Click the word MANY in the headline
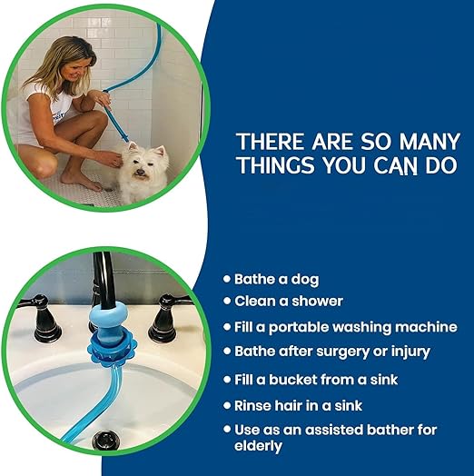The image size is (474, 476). point(430,142)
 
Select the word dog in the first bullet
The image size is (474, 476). point(305,280)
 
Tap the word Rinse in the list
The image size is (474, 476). point(252,405)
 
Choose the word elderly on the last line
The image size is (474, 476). point(258,446)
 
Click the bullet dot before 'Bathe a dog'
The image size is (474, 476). point(227,279)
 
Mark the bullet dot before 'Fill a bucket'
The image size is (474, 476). point(227,380)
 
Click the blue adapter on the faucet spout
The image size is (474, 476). point(109,321)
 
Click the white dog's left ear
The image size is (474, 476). point(133,146)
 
